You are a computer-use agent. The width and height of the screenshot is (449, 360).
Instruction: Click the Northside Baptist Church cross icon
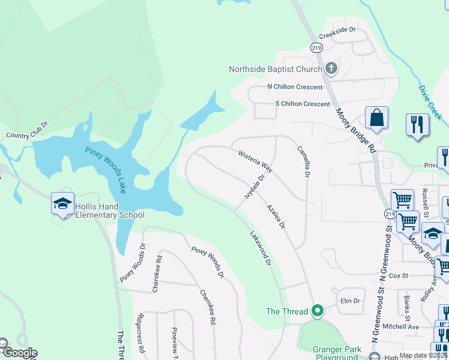[x=331, y=69]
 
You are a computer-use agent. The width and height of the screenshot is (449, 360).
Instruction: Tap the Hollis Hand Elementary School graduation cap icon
[x=62, y=203]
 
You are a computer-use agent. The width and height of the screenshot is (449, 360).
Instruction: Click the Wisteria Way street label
[x=256, y=161]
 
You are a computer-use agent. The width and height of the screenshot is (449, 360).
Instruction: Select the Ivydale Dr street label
[x=255, y=187]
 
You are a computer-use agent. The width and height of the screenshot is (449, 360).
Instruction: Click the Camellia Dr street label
[x=303, y=161]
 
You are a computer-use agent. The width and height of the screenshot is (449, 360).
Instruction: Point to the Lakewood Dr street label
[x=261, y=249]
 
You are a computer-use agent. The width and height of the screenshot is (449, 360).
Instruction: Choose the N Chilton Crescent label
[x=295, y=87]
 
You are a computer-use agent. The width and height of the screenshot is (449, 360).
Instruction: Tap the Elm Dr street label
[x=349, y=301]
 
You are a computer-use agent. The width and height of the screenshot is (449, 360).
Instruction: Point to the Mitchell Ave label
[x=400, y=326]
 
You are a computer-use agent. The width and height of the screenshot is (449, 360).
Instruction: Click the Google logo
[x=19, y=353]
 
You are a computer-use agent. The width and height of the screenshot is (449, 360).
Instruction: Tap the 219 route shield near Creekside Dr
[x=316, y=47]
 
